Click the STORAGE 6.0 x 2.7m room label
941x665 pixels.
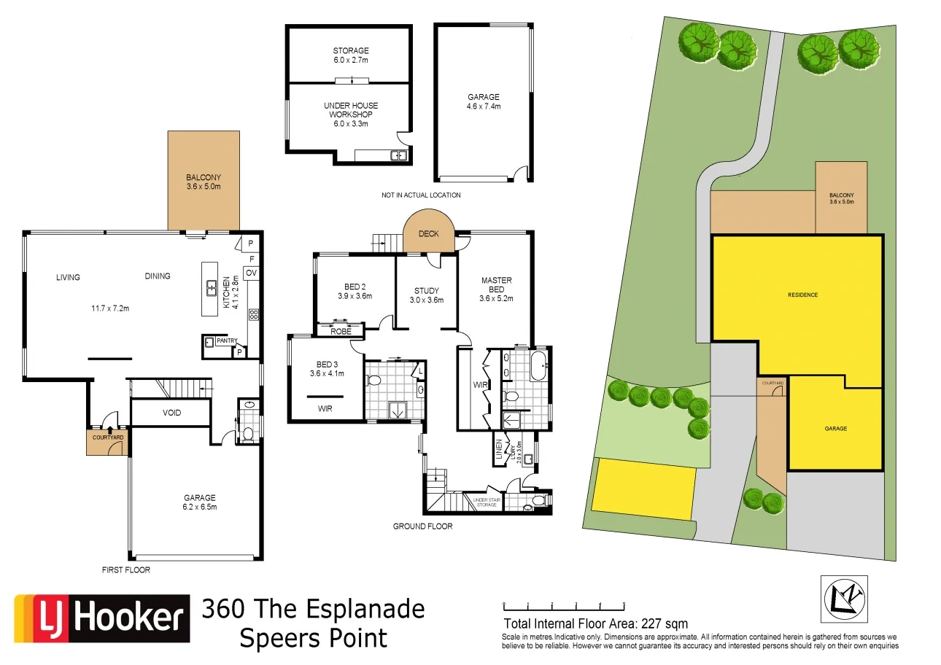pos(351,55)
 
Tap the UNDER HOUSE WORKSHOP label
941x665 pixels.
pos(351,114)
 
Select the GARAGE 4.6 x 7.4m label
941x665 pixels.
pos(484,101)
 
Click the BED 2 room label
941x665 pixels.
pos(355,291)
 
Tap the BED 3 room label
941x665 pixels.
pos(326,368)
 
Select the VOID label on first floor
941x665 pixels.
pos(171,413)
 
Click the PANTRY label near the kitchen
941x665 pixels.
pos(228,341)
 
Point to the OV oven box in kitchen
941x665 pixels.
pos(252,273)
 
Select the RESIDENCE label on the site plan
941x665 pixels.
pos(802,295)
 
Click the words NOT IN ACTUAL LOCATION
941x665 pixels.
pos(421,195)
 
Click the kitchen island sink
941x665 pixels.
pos(212,288)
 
